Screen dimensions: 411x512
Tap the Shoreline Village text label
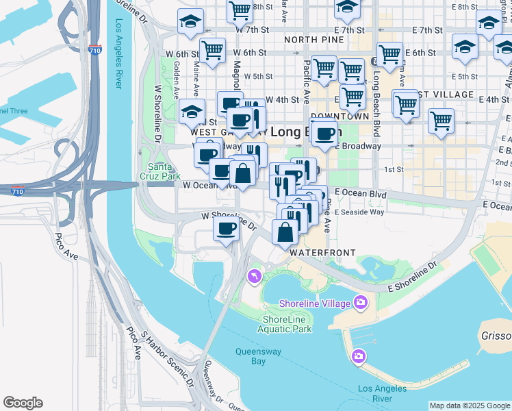click(x=315, y=303)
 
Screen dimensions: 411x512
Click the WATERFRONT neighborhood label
click(x=322, y=253)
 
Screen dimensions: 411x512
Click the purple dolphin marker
click(x=253, y=276)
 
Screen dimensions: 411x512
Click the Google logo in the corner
click(x=23, y=403)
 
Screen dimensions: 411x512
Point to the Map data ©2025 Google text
click(x=470, y=406)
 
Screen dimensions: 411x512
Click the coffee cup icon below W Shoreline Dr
click(x=226, y=229)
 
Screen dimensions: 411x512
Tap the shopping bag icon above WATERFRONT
click(x=285, y=232)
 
